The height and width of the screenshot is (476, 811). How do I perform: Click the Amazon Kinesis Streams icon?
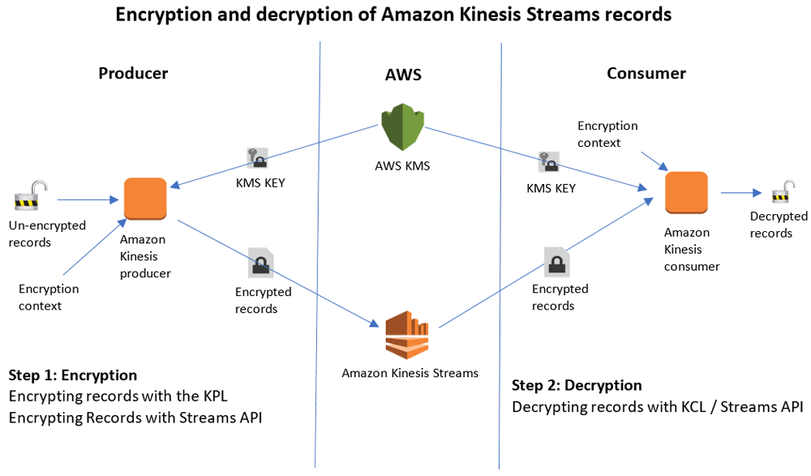pos(407,335)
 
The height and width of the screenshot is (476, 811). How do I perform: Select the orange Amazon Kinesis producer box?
pos(145,199)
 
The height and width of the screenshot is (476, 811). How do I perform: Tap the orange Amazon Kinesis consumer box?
pos(686,194)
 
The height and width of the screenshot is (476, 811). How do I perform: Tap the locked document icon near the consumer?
pos(556,261)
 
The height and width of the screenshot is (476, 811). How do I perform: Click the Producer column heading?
pos(133,73)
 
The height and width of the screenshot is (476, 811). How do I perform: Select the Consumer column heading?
pos(646,73)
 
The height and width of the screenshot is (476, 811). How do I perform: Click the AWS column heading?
pos(403,75)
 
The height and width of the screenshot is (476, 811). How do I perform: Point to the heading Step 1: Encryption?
pos(73,375)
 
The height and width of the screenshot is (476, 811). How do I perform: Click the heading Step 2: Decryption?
pos(577,385)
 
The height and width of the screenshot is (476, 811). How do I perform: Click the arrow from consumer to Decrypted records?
pos(740,193)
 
